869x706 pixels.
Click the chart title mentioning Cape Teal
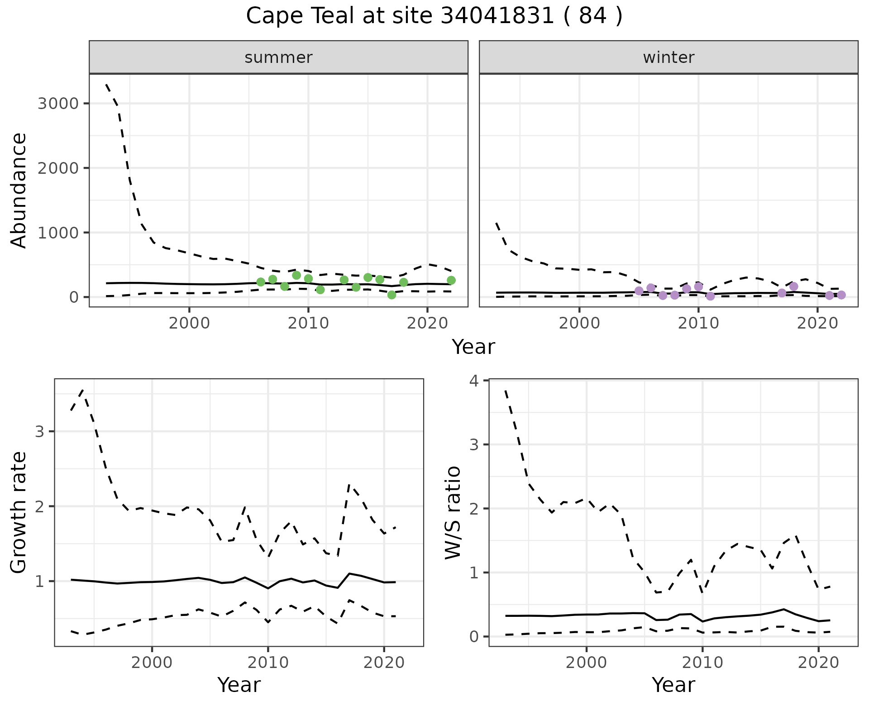tap(434, 16)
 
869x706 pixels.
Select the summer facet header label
tap(278, 57)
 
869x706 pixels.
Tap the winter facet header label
tap(668, 57)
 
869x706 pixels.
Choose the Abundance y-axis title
tap(19, 190)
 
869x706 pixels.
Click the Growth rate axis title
tap(19, 512)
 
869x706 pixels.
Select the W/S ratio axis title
tap(453, 512)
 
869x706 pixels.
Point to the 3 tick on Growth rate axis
tap(39, 431)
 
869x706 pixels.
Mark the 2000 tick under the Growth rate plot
tap(152, 663)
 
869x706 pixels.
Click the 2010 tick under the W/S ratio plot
tap(702, 663)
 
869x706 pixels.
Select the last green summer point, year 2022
tap(451, 281)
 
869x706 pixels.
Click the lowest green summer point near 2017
tap(392, 295)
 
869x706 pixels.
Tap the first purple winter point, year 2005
tap(639, 291)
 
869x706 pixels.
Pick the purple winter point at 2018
tap(793, 286)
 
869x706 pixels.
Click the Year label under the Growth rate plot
tap(239, 685)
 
